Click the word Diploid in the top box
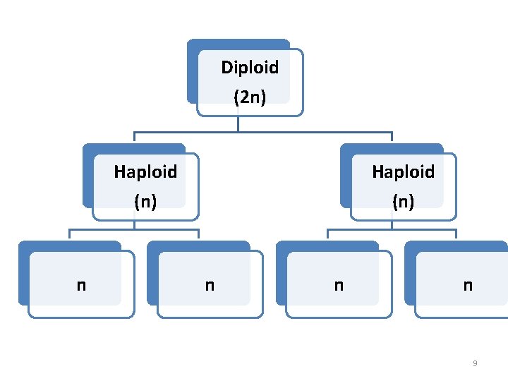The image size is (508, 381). point(250,68)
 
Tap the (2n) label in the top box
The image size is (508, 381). point(250,97)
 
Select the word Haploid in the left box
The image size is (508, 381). point(145,171)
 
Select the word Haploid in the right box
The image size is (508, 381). point(403,171)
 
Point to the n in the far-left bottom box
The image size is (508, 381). point(81,285)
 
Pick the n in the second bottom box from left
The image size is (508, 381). point(210,285)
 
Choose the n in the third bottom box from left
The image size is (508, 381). point(339,285)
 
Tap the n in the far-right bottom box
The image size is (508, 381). point(467,285)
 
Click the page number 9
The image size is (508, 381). point(474,363)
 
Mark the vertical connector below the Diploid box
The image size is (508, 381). point(238,124)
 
